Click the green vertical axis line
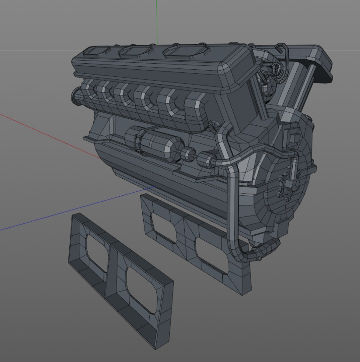pos(156,20)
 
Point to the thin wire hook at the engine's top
pos(283,54)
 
